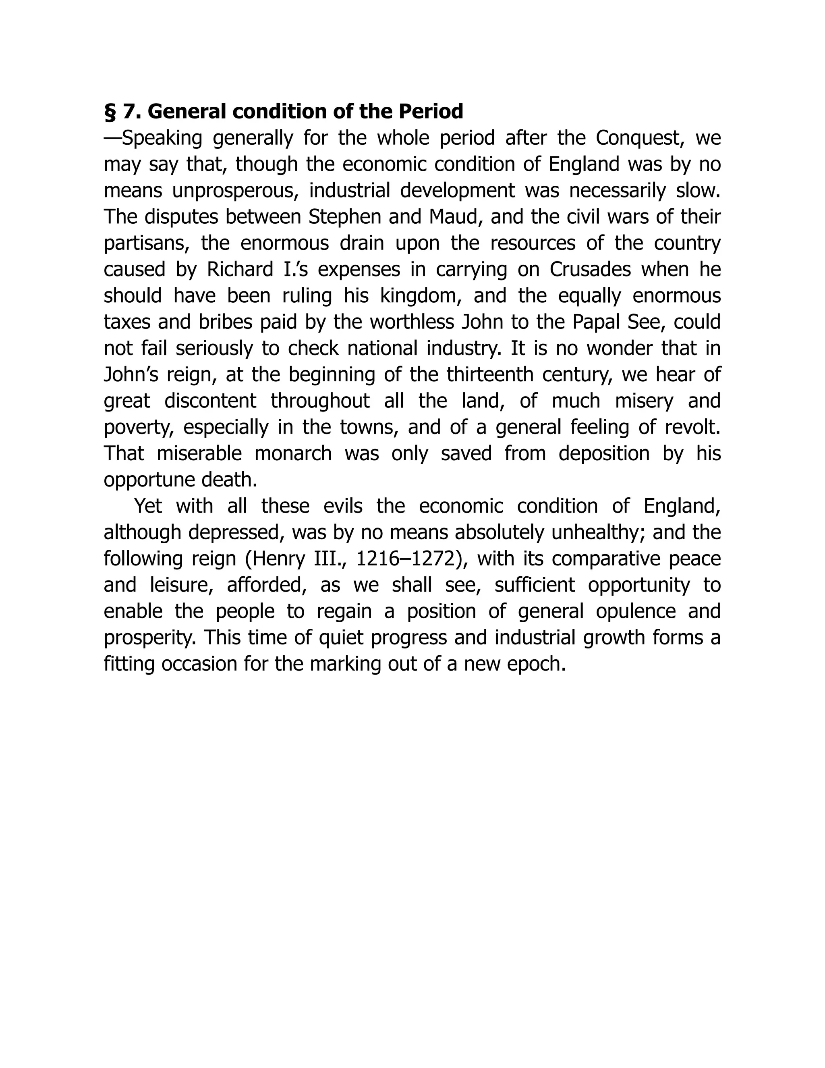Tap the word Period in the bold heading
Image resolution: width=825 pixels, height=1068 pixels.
click(430, 112)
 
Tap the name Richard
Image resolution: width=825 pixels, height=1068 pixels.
click(240, 270)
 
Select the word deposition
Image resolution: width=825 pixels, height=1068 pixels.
click(604, 454)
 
